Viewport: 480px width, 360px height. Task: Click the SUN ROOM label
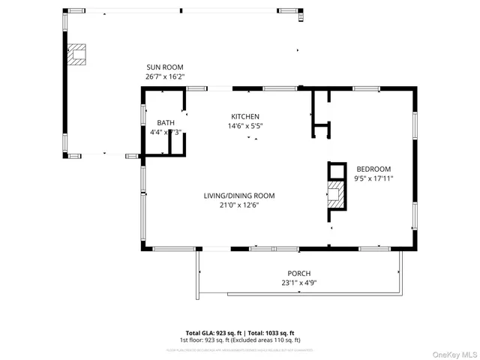(164, 67)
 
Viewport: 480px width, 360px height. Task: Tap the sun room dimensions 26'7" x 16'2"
(164, 76)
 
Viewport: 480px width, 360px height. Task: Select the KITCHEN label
(245, 116)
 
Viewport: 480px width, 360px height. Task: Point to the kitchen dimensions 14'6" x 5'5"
(245, 126)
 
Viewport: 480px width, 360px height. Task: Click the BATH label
(165, 122)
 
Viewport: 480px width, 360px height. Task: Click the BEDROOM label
(373, 169)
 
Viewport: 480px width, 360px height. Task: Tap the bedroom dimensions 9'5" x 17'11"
(373, 178)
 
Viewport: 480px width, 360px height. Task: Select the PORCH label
(298, 273)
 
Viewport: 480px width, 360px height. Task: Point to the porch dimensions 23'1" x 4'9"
(298, 283)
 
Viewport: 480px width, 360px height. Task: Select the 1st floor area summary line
(240, 340)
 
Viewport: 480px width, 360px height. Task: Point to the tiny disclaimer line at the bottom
(240, 349)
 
